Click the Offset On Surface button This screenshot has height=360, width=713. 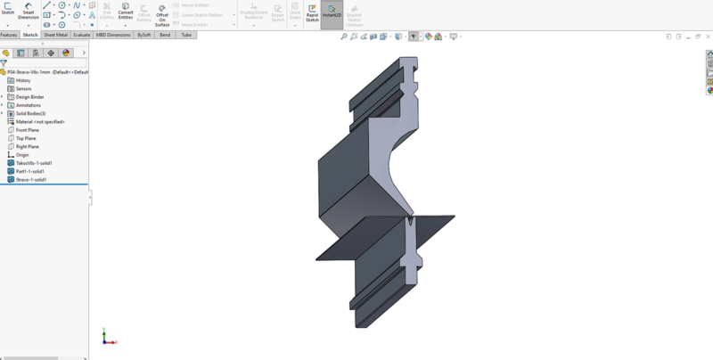pyautogui.click(x=162, y=14)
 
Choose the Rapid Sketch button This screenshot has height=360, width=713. pyautogui.click(x=312, y=12)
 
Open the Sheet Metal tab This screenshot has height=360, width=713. pyautogui.click(x=55, y=35)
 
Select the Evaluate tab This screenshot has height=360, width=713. pyautogui.click(x=81, y=35)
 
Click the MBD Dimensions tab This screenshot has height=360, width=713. pyautogui.click(x=112, y=35)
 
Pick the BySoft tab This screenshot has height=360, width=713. pyautogui.click(x=143, y=35)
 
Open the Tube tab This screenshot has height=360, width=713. pyautogui.click(x=186, y=35)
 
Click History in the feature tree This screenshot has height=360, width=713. pyautogui.click(x=23, y=80)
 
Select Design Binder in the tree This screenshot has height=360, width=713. pyautogui.click(x=29, y=97)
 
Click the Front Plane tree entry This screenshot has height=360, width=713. pyautogui.click(x=27, y=130)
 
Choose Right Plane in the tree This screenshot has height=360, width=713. pyautogui.click(x=27, y=147)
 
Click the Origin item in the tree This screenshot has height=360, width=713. pyautogui.click(x=22, y=155)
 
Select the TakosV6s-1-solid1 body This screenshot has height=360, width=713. pyautogui.click(x=34, y=163)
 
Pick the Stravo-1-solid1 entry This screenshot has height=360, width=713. pyautogui.click(x=31, y=180)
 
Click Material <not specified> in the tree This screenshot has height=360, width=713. pyautogui.click(x=40, y=122)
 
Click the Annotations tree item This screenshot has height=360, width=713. pyautogui.click(x=28, y=105)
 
